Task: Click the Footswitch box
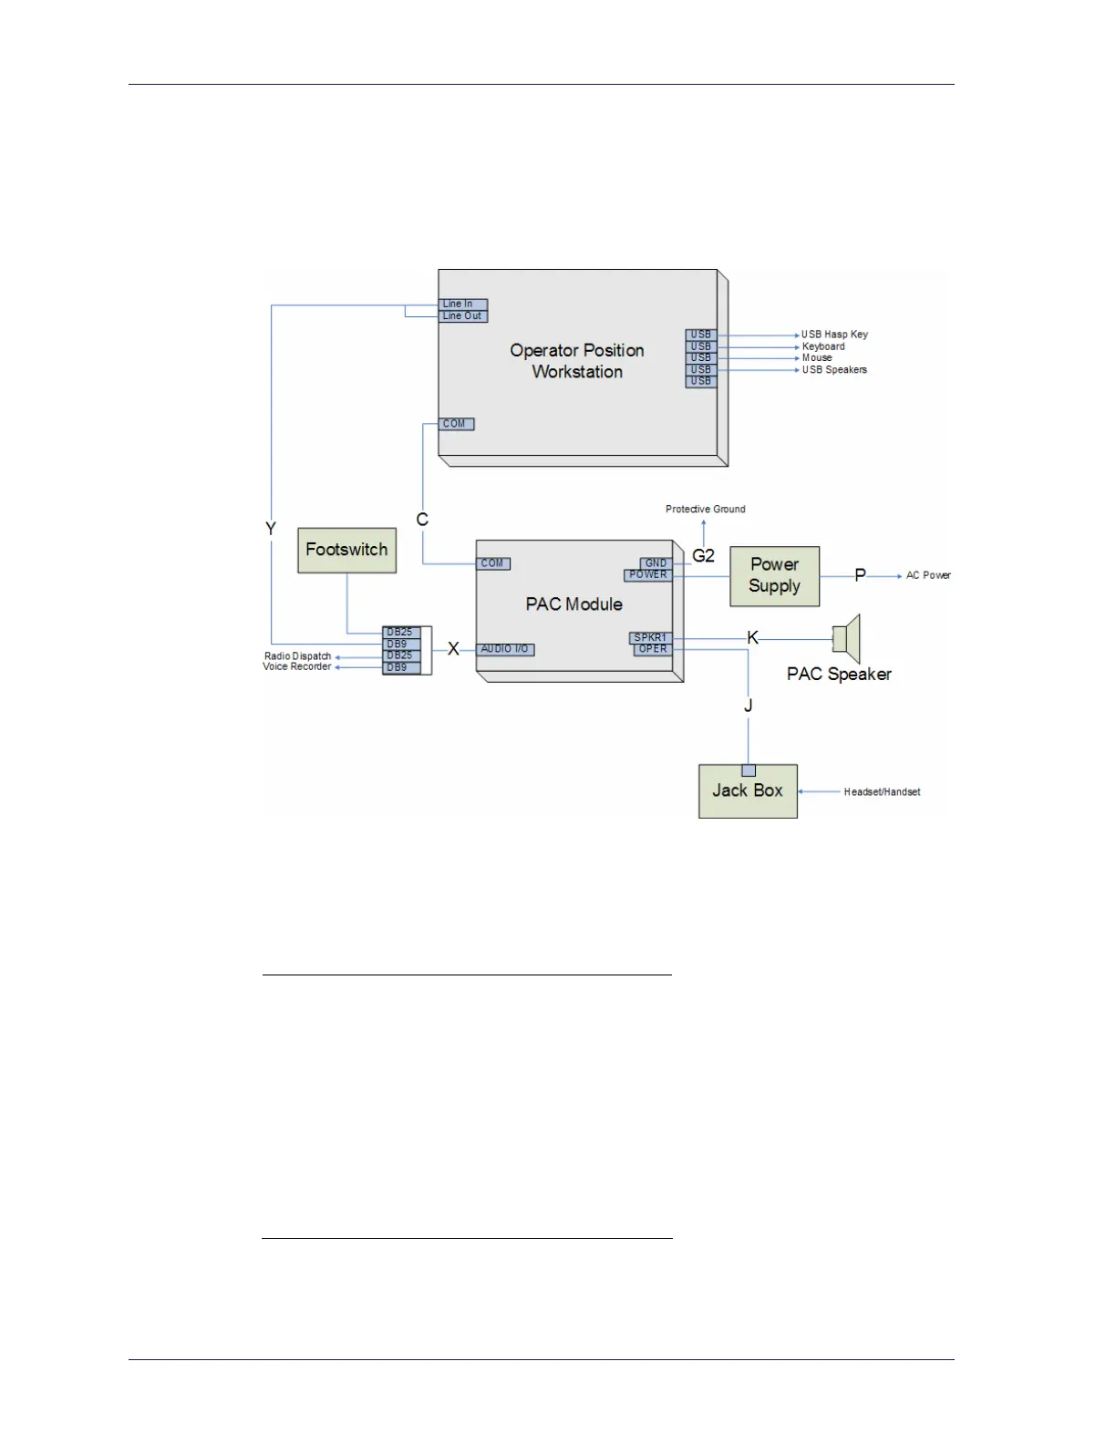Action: [x=346, y=550]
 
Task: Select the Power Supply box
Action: [x=774, y=576]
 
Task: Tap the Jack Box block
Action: [x=748, y=791]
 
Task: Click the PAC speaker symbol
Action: [x=847, y=638]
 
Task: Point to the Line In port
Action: [x=463, y=304]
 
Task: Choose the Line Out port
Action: [x=463, y=316]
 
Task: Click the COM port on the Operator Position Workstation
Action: [x=456, y=424]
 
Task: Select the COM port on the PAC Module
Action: [x=493, y=563]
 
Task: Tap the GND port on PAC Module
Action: [x=656, y=563]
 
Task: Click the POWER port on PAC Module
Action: [x=648, y=575]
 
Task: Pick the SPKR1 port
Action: [x=650, y=638]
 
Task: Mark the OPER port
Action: [x=653, y=650]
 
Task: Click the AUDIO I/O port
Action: [x=505, y=649]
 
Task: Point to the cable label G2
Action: [x=704, y=555]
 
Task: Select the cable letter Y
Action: [x=271, y=529]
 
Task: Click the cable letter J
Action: [x=749, y=706]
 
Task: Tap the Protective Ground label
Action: [x=706, y=509]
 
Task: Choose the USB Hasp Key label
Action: [x=834, y=335]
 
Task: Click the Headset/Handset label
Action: [x=882, y=792]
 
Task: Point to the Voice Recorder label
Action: [x=297, y=667]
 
